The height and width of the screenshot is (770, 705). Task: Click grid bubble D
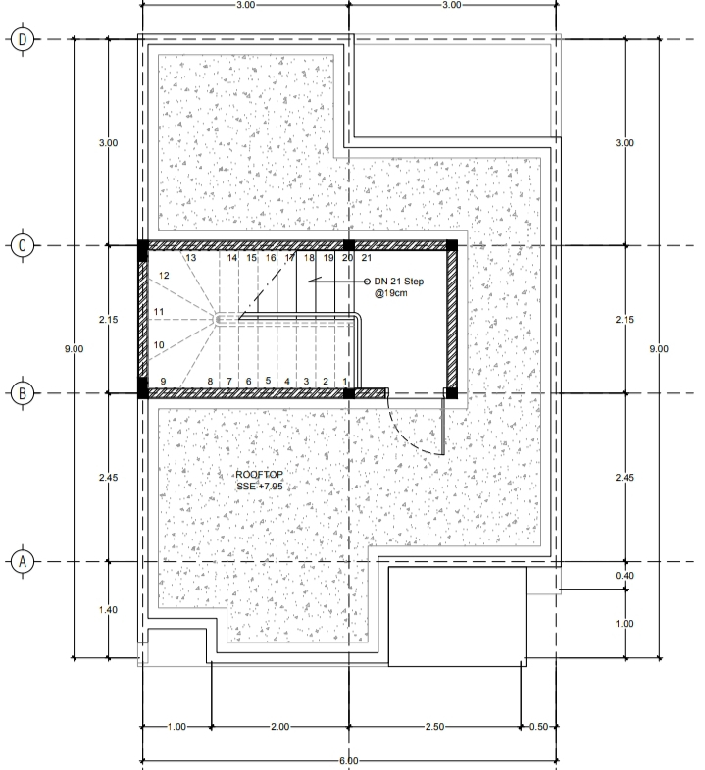[23, 39]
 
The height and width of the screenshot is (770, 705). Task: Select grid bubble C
[23, 245]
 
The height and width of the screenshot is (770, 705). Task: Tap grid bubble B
[23, 393]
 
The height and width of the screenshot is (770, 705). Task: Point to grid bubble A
[23, 561]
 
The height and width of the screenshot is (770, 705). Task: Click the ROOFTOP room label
[259, 475]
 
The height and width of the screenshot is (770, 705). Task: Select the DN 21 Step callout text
[398, 287]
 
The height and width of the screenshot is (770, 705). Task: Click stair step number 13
[191, 258]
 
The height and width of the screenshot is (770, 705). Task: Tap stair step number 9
[163, 381]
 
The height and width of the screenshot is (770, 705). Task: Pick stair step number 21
[367, 258]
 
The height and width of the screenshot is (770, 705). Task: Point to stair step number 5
[268, 380]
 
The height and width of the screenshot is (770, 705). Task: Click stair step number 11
[159, 312]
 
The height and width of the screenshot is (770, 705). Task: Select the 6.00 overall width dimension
[348, 760]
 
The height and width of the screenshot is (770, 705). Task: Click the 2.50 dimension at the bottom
[435, 726]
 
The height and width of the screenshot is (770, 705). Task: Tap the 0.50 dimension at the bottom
[538, 726]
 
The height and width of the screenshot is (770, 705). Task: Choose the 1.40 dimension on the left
[108, 610]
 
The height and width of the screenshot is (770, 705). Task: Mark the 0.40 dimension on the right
[625, 576]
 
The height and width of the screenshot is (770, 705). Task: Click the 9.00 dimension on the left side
[74, 349]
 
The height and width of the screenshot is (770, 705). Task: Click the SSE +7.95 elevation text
[259, 487]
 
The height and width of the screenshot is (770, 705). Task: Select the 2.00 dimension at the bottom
[279, 726]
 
